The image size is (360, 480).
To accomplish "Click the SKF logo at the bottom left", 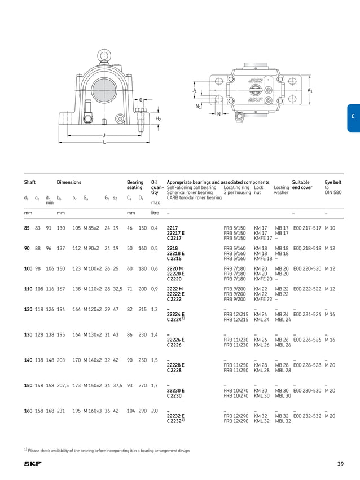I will (x=32, y=464).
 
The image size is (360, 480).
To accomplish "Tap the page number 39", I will (x=340, y=464).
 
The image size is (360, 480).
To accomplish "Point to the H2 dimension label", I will (x=159, y=119).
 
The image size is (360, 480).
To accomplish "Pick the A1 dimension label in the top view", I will (x=310, y=90).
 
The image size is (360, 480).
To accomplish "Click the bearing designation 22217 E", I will (x=176, y=232).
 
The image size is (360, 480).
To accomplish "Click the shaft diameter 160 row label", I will (x=28, y=411).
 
